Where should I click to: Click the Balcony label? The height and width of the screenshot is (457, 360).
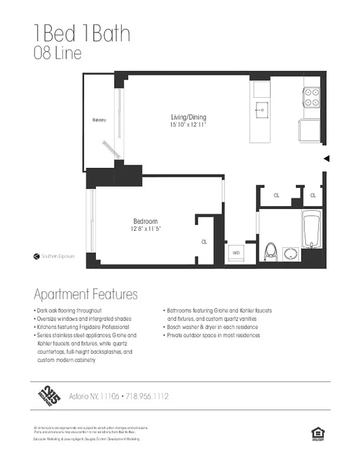[99, 120]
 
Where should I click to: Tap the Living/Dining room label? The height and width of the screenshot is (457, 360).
[188, 117]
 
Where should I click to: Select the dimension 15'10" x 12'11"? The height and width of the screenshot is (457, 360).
[188, 125]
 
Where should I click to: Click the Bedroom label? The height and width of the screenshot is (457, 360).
[145, 222]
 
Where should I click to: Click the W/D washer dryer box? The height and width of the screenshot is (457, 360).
[235, 252]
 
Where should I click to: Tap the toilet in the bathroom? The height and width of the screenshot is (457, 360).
[271, 251]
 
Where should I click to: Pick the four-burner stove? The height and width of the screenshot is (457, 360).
[311, 97]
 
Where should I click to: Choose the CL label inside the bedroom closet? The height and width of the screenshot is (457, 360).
[204, 242]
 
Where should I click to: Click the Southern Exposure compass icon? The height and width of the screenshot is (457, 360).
[37, 256]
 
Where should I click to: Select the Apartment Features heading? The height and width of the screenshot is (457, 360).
[86, 295]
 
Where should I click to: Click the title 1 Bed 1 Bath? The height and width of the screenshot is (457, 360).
[82, 34]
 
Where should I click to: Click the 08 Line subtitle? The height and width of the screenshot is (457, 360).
[57, 54]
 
